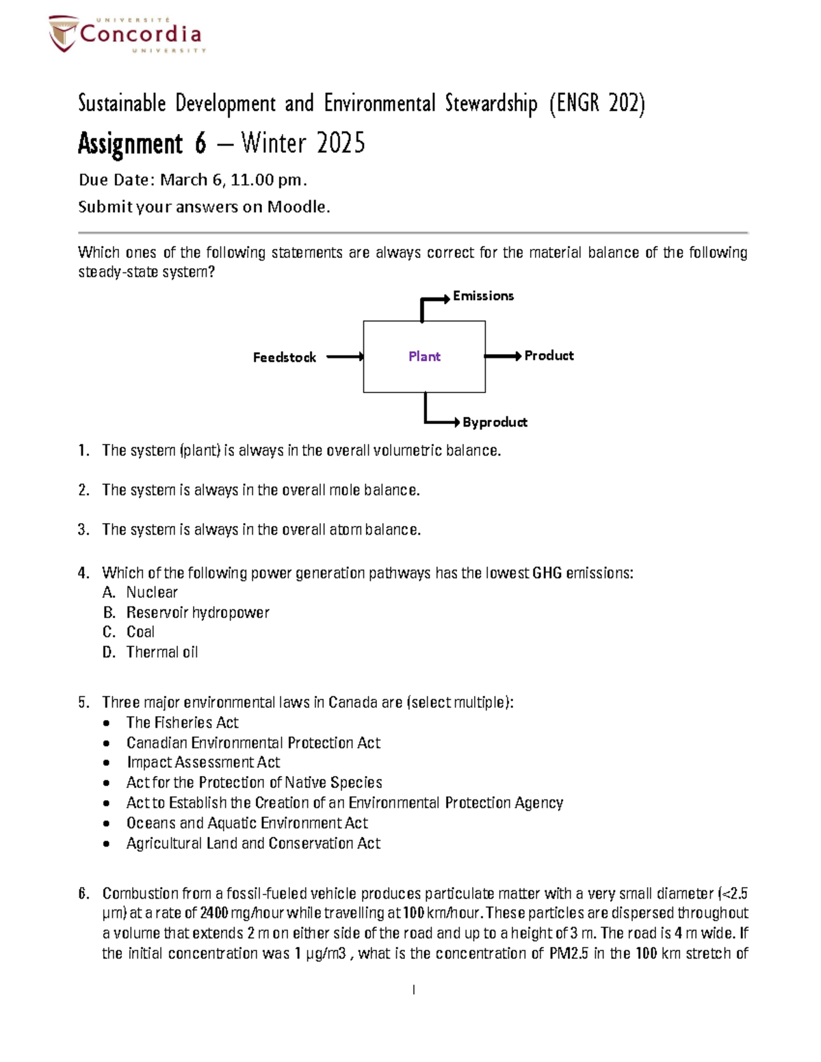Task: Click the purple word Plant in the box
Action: [424, 356]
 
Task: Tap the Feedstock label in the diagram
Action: [284, 357]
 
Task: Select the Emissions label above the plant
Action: [483, 295]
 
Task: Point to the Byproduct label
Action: [495, 422]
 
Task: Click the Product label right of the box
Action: [549, 356]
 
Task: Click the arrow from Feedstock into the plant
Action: [345, 356]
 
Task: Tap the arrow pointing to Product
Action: [504, 356]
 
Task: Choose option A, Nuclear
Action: [152, 592]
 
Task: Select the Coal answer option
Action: [140, 632]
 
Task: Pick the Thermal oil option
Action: [162, 652]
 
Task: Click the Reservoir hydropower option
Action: [198, 612]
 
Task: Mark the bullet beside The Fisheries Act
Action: [106, 723]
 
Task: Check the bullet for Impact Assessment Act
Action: [106, 762]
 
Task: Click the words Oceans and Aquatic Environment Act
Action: [247, 823]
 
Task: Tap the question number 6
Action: [83, 893]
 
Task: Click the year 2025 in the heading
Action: [341, 144]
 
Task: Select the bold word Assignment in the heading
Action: [131, 144]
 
